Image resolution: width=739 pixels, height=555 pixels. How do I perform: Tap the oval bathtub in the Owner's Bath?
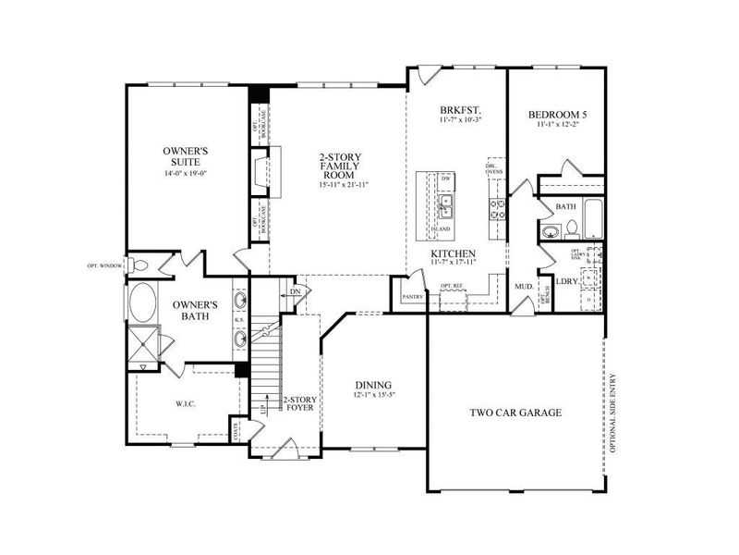[144, 302]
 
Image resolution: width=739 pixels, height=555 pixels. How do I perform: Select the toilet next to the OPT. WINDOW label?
[139, 265]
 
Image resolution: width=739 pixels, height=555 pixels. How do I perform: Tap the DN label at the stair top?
[295, 291]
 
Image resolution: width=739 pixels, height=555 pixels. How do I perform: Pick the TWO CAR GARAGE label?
[515, 413]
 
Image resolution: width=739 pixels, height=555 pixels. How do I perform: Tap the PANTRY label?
[410, 298]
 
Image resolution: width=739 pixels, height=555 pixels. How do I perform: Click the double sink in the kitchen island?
[445, 203]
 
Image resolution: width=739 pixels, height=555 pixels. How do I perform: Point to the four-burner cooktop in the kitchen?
[496, 209]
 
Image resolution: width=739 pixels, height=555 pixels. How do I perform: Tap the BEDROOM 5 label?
[557, 116]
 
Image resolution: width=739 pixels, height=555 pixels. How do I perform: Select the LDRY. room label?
[566, 280]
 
